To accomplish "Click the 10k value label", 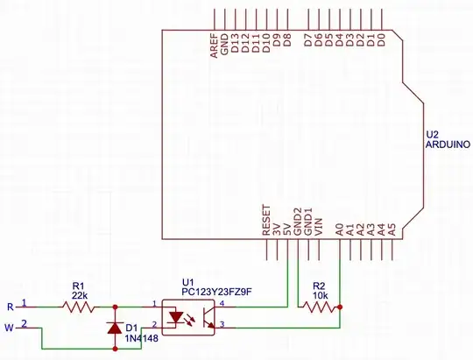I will click(319, 294).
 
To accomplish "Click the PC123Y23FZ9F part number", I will click(211, 291).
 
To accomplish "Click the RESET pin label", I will click(267, 222).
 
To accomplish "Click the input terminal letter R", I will click(10, 307).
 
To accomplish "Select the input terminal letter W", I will click(11, 328).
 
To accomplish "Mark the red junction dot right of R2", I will click(340, 307).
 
